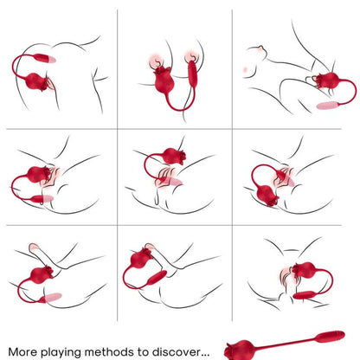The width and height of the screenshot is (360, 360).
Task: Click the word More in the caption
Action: [x=24, y=351]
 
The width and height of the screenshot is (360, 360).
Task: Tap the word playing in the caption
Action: [x=67, y=352]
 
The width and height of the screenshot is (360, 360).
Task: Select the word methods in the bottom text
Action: [x=121, y=351]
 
